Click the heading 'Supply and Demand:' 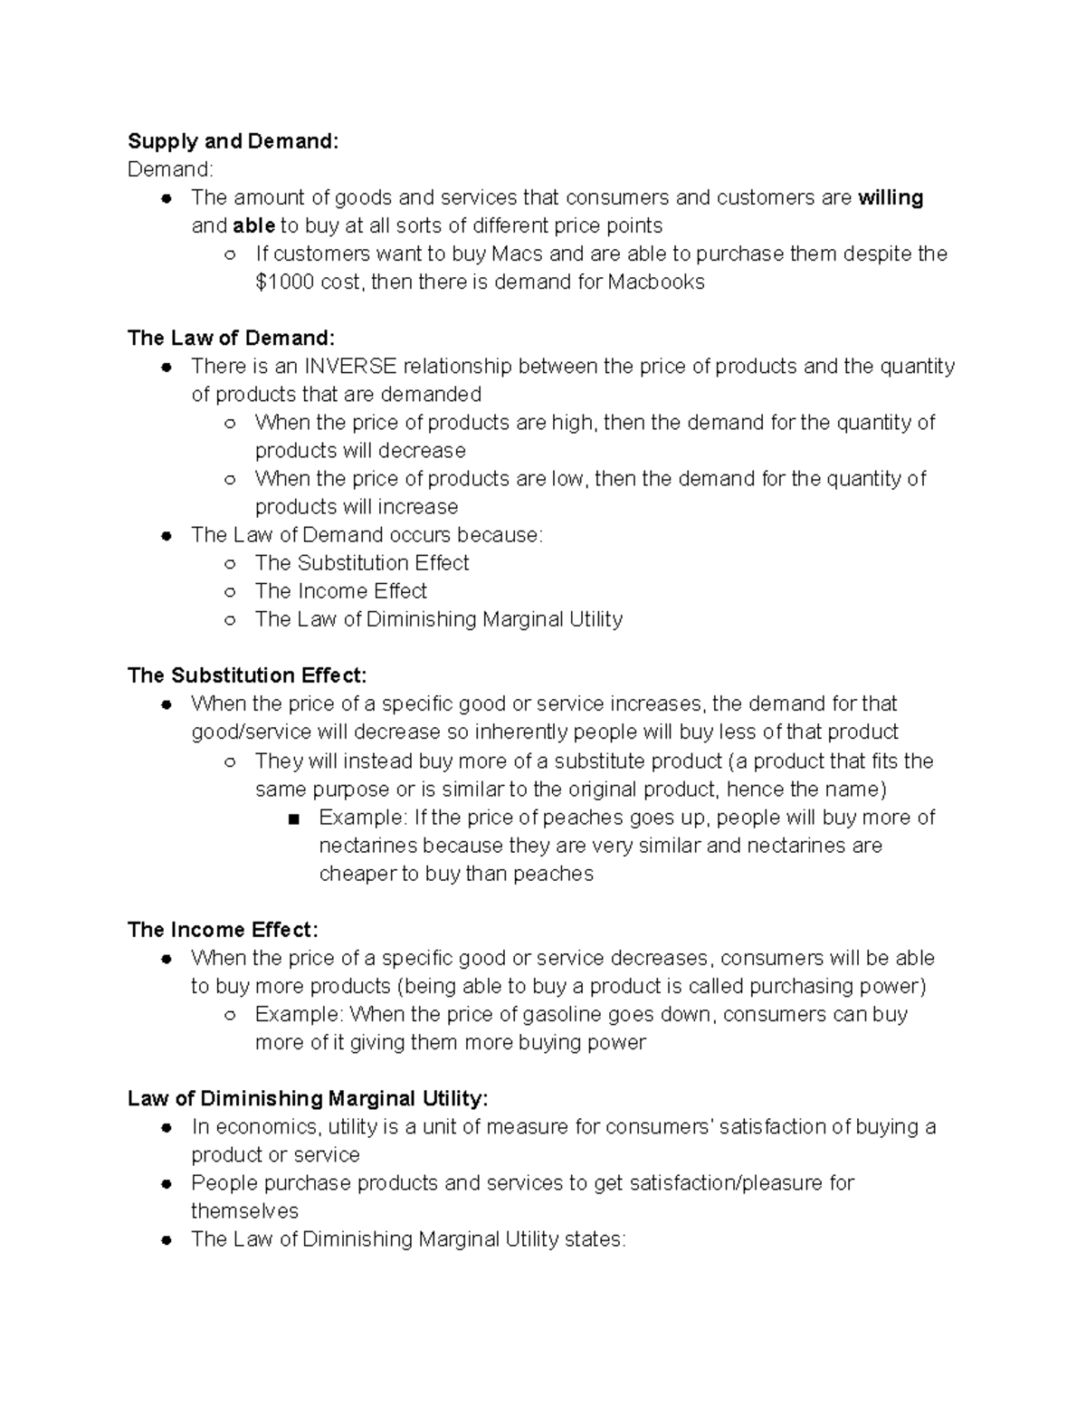coord(233,141)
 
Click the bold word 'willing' coord(891,197)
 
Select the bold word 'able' coord(253,225)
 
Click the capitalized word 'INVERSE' coord(350,366)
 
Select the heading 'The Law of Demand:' coord(231,338)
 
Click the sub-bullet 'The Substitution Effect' coord(362,563)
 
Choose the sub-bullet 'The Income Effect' coord(340,591)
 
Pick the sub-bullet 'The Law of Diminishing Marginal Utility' coord(439,619)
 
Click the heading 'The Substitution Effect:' coord(247,675)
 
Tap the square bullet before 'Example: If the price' coord(292,818)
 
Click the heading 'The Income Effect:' coord(223,930)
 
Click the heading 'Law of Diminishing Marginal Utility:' coord(308,1099)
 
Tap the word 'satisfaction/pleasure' coord(719,1183)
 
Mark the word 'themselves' coord(244,1211)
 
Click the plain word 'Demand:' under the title coord(170,169)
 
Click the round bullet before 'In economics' coord(166,1128)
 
